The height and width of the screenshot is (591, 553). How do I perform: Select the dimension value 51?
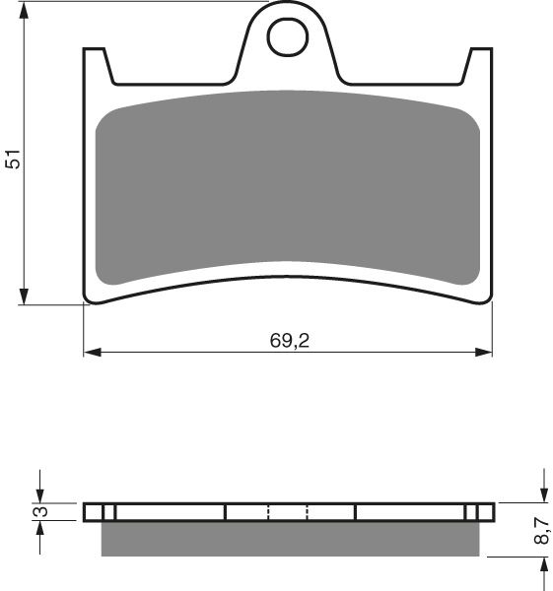coord(12,159)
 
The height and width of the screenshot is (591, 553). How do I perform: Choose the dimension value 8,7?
coord(540,533)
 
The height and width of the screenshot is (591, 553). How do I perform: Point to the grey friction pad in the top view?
coord(288,187)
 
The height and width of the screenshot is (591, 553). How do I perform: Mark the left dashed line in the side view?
coord(268,512)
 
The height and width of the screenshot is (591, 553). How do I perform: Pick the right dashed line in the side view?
coord(308,512)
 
